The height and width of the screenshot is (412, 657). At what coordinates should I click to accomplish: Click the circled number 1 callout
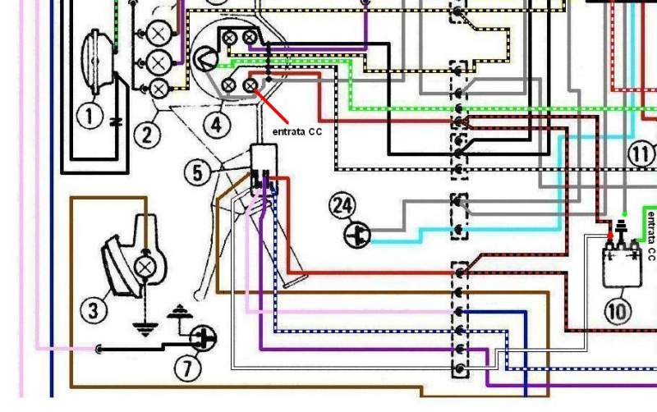[90, 115]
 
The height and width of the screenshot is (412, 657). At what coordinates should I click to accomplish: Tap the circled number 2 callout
[147, 135]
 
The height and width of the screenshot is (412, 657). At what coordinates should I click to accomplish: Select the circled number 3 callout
[93, 310]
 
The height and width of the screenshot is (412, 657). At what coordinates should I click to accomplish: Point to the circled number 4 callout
[216, 125]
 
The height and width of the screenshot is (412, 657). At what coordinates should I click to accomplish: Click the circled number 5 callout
[197, 172]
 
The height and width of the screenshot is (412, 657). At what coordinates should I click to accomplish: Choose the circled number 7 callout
[187, 369]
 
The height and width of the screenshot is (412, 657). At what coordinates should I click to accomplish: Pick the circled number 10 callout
[618, 312]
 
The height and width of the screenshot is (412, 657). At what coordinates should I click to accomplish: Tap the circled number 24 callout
[342, 205]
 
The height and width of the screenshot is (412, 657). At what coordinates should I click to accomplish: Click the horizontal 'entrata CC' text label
[297, 131]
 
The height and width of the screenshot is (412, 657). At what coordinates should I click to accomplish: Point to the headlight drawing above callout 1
[98, 62]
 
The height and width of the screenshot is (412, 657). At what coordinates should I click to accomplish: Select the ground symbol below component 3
[145, 329]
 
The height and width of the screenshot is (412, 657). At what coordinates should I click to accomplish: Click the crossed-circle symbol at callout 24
[357, 235]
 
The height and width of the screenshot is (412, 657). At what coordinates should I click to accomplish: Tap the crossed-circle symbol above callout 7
[203, 338]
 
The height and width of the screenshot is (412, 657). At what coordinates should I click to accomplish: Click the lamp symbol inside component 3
[145, 267]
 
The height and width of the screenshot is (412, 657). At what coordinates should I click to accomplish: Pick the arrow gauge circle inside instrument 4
[204, 58]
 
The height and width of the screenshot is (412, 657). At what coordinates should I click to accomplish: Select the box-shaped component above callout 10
[623, 263]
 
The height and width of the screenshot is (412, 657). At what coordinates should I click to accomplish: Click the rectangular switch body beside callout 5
[264, 159]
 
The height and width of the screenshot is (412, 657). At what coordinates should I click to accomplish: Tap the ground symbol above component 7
[180, 312]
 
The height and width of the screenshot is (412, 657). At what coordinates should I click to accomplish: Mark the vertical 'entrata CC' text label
[651, 236]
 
